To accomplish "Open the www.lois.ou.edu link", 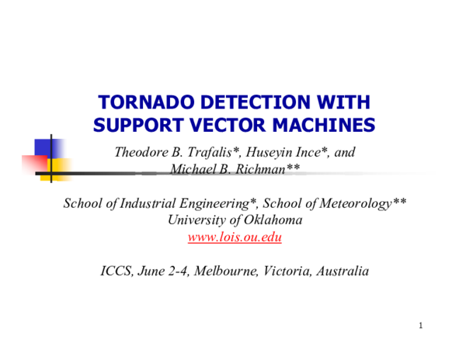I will click(x=235, y=237).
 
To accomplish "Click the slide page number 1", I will click(x=420, y=325).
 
